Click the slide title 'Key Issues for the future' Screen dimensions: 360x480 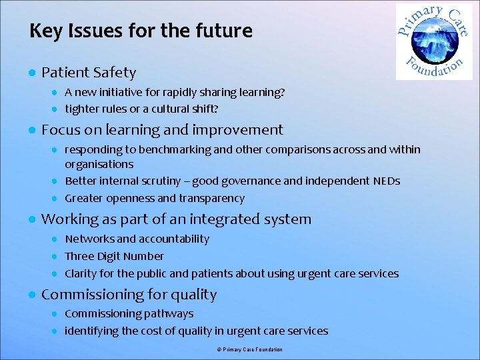click(141, 31)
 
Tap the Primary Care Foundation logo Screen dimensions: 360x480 click(433, 41)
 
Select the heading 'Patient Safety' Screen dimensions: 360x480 click(89, 73)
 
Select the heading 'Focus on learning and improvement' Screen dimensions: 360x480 click(162, 130)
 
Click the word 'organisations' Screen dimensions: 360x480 click(99, 164)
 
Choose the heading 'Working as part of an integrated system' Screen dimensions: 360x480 click(176, 219)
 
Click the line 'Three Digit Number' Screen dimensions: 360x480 click(114, 257)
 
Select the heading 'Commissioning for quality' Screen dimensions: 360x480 click(129, 295)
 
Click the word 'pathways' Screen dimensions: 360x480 click(172, 314)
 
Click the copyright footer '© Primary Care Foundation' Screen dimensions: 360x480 click(249, 350)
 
